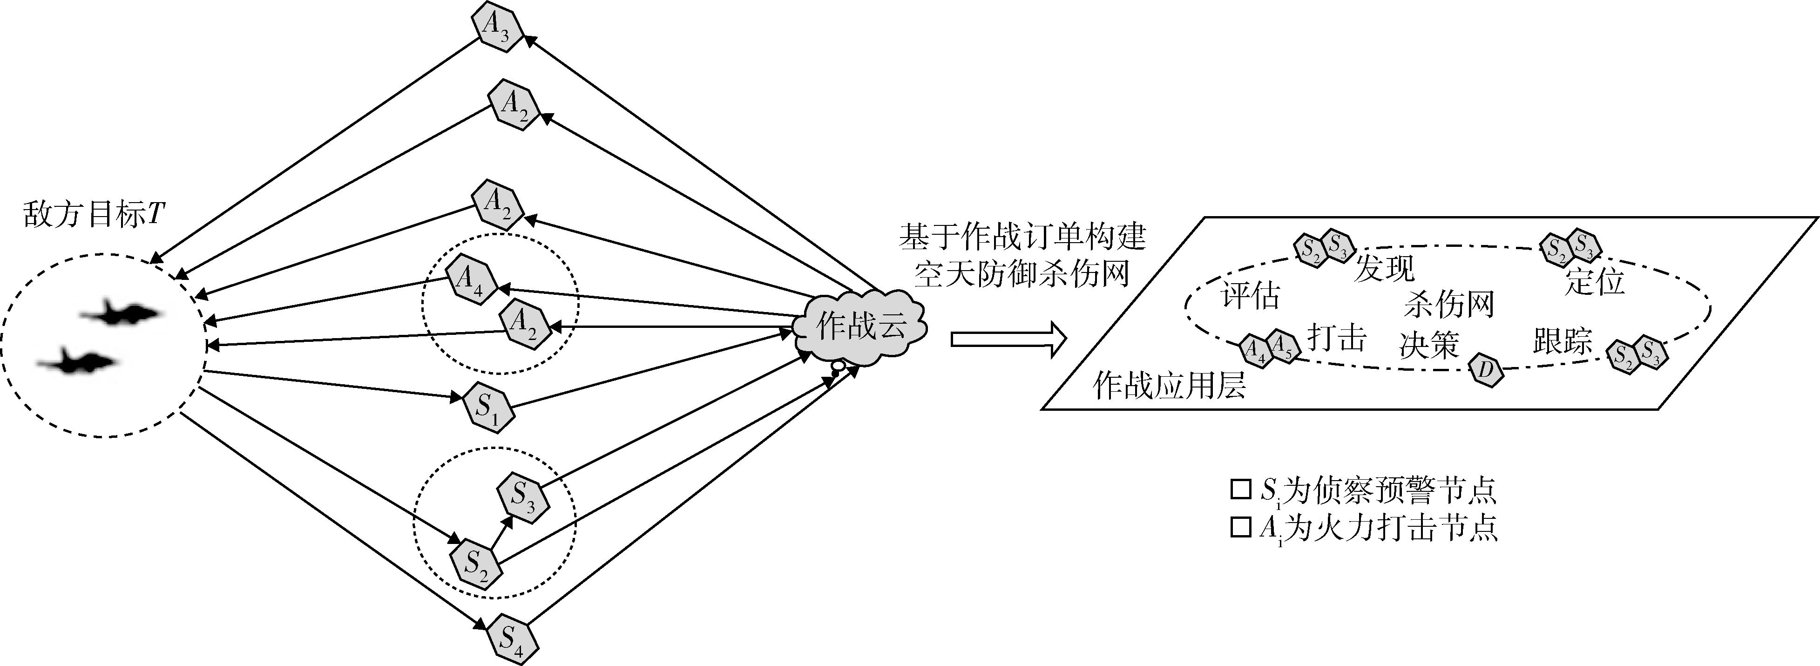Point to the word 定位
pyautogui.click(x=1595, y=281)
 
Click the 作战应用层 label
pyautogui.click(x=1169, y=386)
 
